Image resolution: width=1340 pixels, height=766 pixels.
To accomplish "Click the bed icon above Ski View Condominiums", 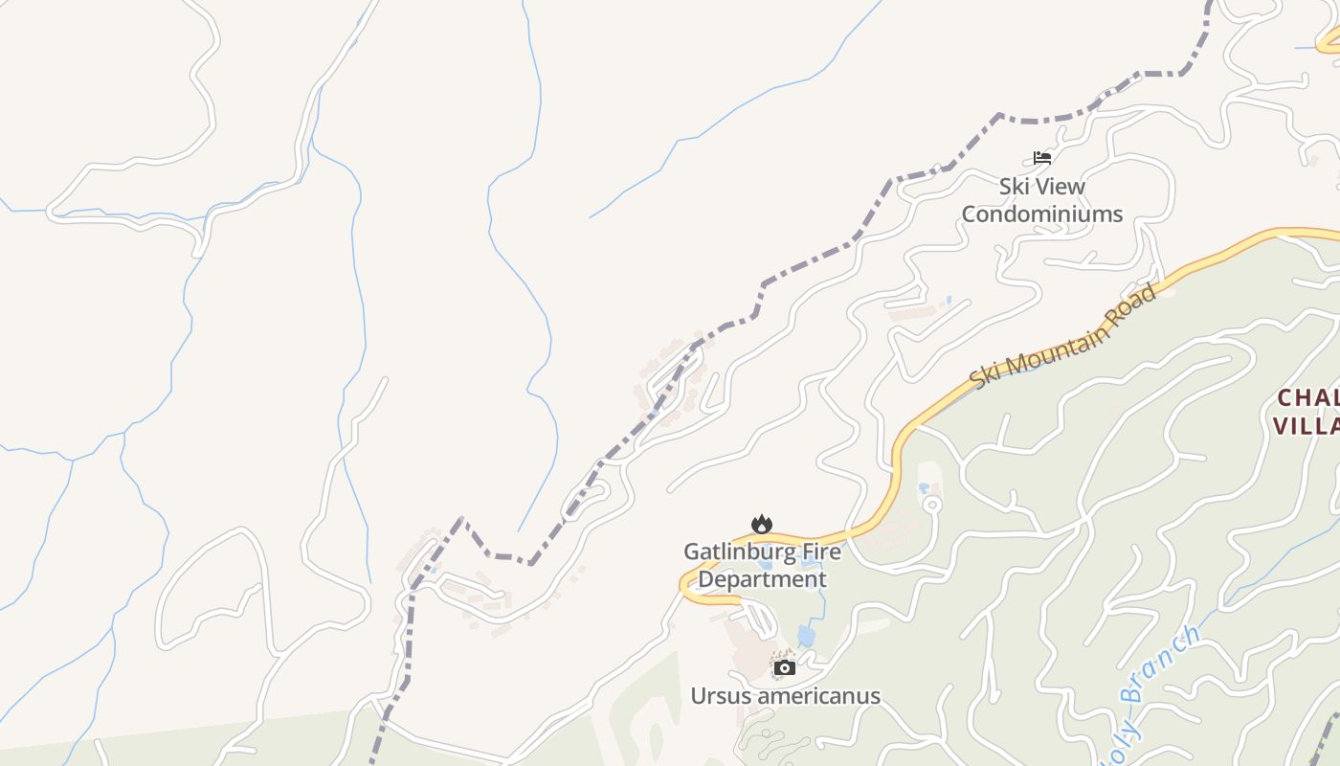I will tap(1042, 158).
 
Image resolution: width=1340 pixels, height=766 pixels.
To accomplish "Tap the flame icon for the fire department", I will tap(762, 524).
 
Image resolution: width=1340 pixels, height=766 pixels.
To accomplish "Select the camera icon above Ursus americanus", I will tap(785, 667).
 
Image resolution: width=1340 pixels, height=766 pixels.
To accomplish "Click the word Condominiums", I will tap(1041, 214).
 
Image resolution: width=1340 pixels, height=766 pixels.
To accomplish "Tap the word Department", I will tap(762, 579).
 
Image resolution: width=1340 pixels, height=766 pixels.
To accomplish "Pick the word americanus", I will tap(819, 696).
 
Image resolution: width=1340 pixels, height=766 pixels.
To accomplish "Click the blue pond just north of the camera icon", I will tap(807, 636).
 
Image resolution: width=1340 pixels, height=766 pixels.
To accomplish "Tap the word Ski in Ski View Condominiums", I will tap(1016, 186).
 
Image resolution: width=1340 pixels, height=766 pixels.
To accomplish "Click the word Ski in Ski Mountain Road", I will tap(982, 373).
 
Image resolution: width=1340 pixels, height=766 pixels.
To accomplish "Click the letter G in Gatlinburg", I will tap(692, 552).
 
